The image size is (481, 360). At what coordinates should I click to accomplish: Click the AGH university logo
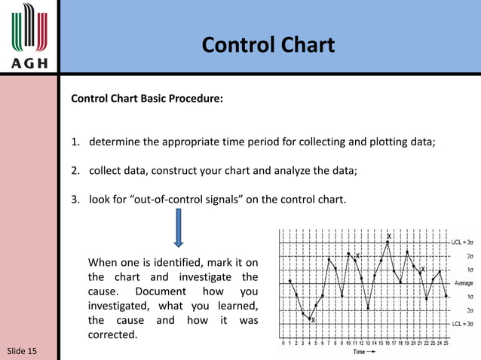tap(29, 35)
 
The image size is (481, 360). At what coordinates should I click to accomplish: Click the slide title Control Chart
tap(268, 45)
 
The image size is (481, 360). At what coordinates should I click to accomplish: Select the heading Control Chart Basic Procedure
tap(146, 99)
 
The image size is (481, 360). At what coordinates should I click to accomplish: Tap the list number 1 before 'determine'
tap(75, 142)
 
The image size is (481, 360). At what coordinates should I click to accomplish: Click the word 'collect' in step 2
tap(107, 171)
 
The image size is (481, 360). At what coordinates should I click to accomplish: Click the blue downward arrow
tap(179, 228)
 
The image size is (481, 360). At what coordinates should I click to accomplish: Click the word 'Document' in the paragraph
tap(164, 291)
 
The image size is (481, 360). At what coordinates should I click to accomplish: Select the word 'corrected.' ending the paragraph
tap(113, 334)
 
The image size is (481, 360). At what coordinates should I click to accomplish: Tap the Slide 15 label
tap(22, 351)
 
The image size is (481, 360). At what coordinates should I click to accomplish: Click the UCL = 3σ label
tap(462, 243)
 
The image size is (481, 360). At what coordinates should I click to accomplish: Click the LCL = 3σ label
tap(462, 324)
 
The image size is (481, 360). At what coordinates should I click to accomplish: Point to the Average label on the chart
tap(463, 283)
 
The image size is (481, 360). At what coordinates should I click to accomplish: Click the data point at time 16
tap(388, 243)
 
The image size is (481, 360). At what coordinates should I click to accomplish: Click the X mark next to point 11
tap(357, 256)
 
